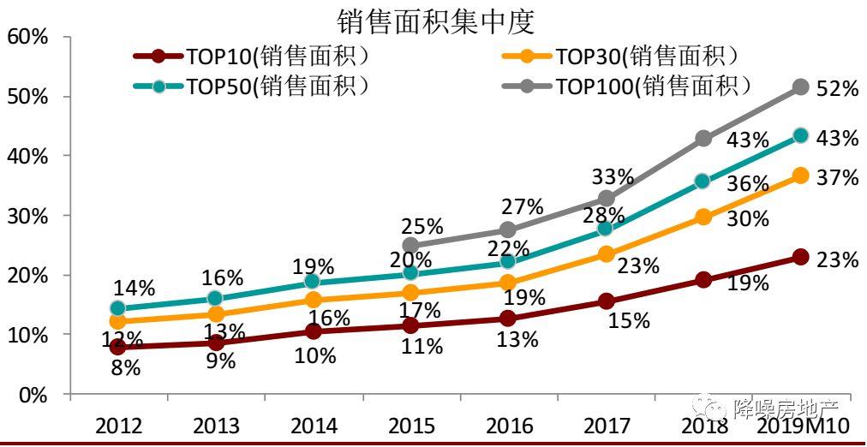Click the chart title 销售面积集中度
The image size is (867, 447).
point(435,19)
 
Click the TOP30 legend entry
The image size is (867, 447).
point(630,57)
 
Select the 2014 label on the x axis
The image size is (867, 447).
point(314,426)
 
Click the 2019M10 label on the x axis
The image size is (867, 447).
point(803,426)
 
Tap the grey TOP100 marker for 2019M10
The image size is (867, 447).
point(800,86)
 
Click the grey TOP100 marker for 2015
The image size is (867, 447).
point(410,246)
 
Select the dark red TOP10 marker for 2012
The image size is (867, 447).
point(118,348)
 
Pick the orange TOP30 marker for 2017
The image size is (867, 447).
point(606,254)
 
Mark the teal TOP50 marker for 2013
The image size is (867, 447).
point(216,299)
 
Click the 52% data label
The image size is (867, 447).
point(837,88)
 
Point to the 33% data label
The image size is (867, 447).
point(613,177)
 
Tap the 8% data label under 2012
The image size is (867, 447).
point(125,369)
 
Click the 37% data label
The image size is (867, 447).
point(837,177)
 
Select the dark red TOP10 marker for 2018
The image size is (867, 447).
point(703,280)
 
